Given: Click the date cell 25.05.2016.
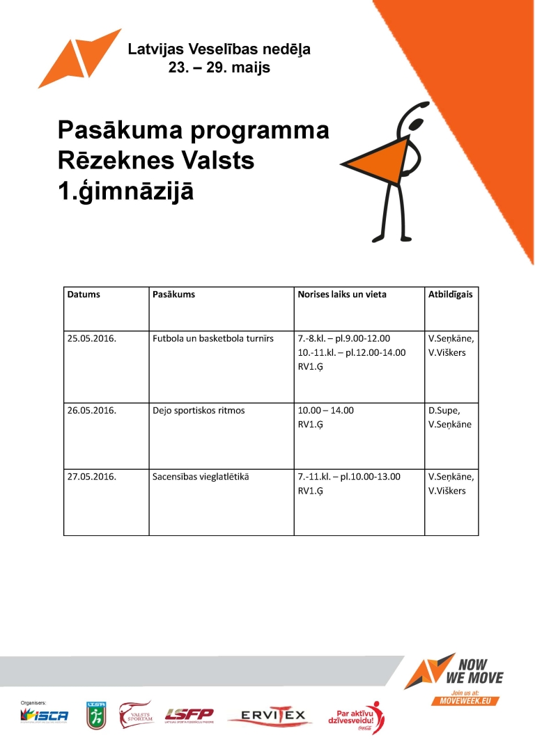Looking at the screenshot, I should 91,339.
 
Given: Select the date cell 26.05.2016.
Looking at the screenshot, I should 91,411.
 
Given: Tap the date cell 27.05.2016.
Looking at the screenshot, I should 91,478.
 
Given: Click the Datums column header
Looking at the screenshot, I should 84,294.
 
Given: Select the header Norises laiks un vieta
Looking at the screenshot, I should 342,294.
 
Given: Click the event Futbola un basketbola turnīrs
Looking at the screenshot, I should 212,339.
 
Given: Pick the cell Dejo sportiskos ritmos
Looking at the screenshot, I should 199,411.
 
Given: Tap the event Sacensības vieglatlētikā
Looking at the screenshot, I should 201,478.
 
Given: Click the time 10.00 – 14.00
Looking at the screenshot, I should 325,411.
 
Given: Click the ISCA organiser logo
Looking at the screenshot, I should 45,715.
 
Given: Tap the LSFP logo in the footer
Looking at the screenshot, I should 189,715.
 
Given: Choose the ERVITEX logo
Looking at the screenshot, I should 270,716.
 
